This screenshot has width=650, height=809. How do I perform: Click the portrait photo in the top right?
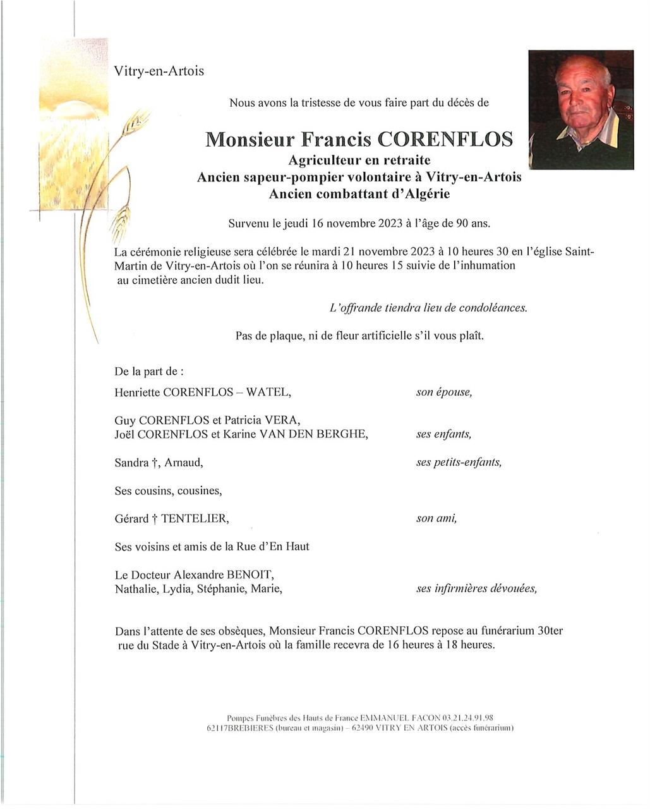tap(581, 109)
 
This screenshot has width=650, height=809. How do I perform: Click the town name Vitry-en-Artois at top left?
tap(159, 71)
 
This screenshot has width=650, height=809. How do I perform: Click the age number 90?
tap(457, 223)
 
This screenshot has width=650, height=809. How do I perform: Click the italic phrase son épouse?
tap(443, 392)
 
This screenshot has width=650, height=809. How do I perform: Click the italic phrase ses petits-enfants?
tap(459, 463)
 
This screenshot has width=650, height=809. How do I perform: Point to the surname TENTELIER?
tap(195, 519)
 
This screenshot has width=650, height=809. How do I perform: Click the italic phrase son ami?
tap(436, 519)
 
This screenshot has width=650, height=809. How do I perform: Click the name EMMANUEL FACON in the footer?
tap(396, 718)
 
